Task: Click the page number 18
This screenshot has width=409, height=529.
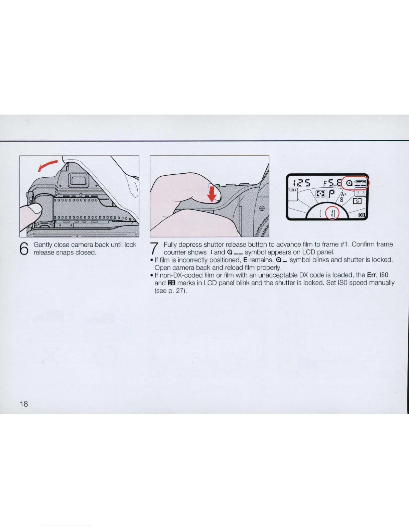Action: (23, 404)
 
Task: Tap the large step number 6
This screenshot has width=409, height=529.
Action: (24, 248)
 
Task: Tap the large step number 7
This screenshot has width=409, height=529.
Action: (154, 248)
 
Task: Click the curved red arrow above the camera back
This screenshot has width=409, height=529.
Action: (47, 165)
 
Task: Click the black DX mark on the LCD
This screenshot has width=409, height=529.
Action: (361, 215)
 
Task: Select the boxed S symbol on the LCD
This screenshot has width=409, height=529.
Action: (357, 201)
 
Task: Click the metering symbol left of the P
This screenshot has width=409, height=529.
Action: (320, 194)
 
